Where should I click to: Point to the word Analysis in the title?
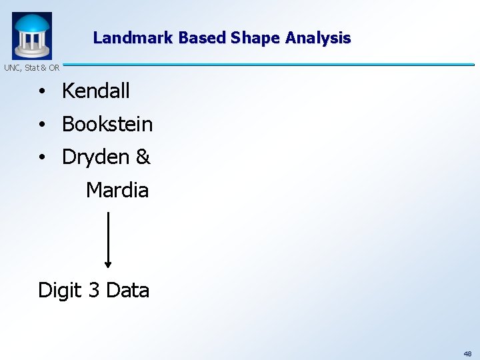click(x=318, y=38)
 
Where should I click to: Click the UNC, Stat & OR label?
click(x=31, y=67)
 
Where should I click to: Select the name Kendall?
click(x=95, y=91)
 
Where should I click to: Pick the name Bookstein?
click(x=107, y=124)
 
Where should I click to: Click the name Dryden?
click(x=95, y=157)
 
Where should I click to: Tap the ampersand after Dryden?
click(x=143, y=157)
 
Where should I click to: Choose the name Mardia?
click(x=117, y=191)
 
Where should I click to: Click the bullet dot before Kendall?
click(x=41, y=92)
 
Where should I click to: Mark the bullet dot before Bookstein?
click(x=41, y=125)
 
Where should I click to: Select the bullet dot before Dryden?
click(x=41, y=158)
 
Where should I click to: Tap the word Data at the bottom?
click(x=127, y=291)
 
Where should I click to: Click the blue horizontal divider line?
click(x=267, y=65)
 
